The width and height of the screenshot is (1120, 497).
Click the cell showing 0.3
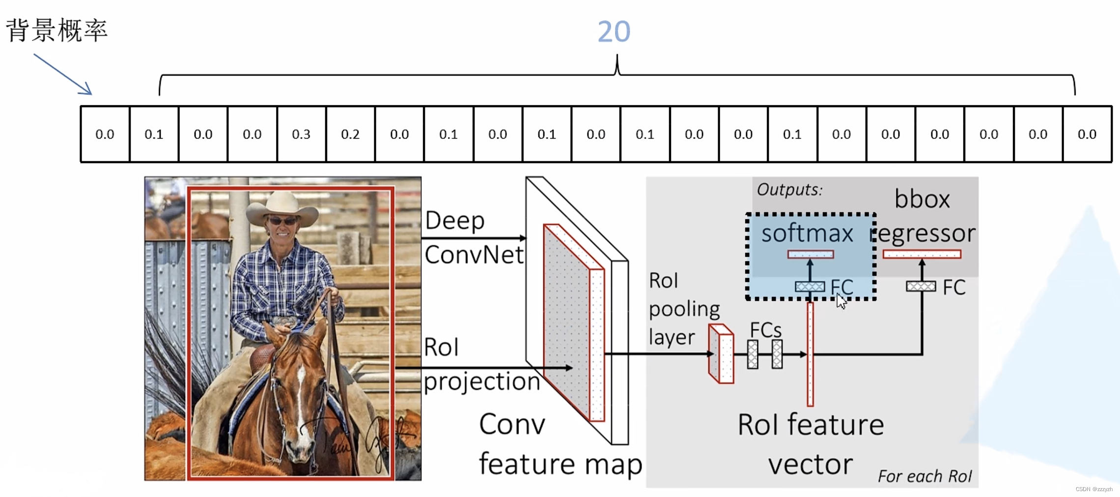pos(301,134)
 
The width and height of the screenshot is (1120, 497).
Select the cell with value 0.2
pos(350,134)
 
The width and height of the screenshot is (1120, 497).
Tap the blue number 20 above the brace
pos(614,32)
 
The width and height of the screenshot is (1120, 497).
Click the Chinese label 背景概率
pos(56,30)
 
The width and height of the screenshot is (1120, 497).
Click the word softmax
pos(807,234)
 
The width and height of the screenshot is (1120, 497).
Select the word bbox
pos(922,199)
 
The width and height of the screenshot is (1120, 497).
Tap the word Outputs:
pos(789,190)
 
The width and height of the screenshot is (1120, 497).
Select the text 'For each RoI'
pos(924,476)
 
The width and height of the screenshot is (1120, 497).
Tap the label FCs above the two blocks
pos(765,330)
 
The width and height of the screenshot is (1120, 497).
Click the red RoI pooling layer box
pos(721,354)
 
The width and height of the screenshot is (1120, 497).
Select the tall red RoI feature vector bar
pos(810,354)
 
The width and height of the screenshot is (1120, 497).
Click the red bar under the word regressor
pos(922,254)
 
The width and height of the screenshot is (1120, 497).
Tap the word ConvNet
pos(474,255)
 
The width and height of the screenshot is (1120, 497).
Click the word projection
pos(481,382)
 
